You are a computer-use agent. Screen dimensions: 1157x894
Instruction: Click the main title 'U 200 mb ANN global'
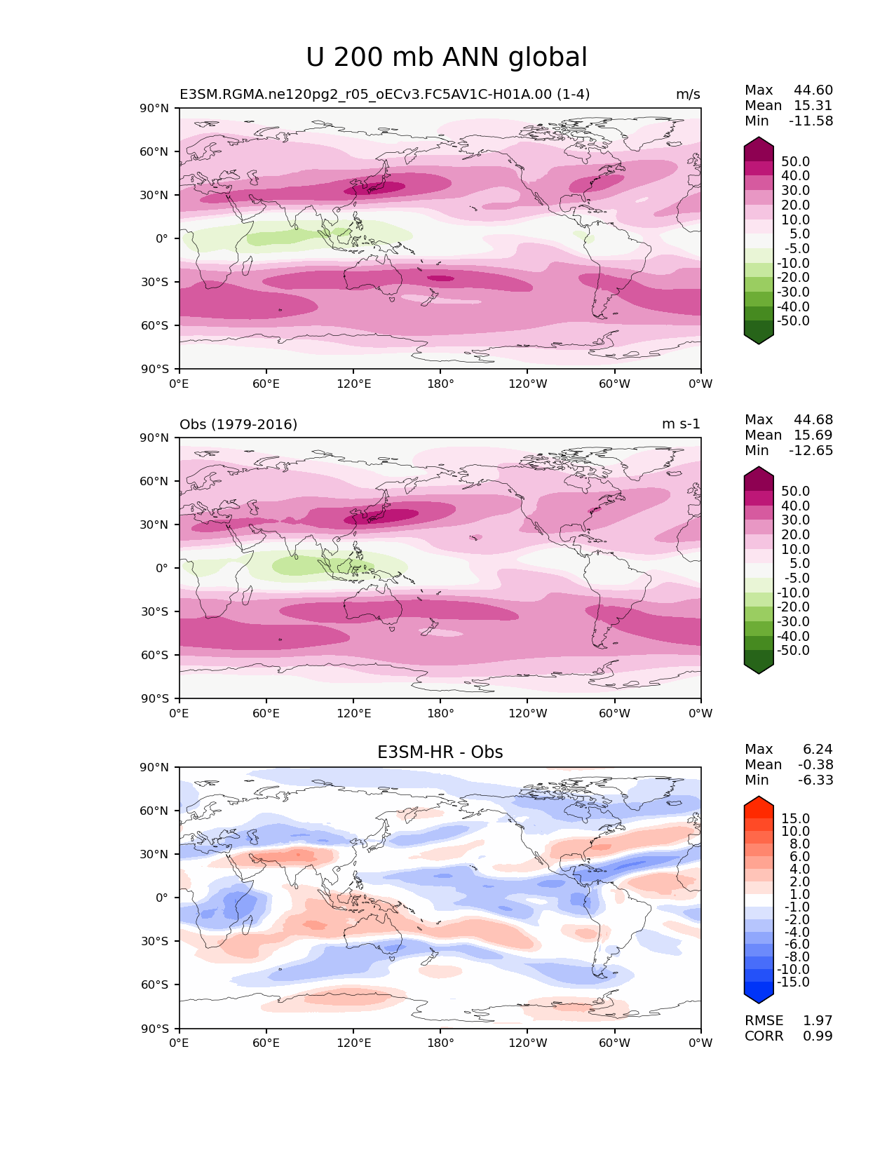[447, 57]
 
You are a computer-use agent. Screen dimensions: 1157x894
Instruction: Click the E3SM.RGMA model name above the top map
[384, 94]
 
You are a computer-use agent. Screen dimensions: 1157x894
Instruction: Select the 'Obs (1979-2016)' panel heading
[238, 424]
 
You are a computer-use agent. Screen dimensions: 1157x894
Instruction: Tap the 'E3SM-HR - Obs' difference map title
[440, 752]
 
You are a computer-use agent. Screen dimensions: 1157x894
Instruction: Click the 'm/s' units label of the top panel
[687, 94]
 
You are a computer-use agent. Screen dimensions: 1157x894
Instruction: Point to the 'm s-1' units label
[681, 424]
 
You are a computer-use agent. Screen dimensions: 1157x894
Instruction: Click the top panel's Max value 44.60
[813, 90]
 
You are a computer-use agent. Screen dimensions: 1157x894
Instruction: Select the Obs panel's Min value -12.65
[811, 450]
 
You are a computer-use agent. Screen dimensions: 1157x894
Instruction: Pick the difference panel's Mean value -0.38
[815, 764]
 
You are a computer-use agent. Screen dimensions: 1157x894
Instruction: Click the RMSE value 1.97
[818, 1020]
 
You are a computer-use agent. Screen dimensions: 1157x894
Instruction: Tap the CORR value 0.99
[818, 1036]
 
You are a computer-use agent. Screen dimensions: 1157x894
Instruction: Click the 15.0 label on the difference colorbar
[796, 818]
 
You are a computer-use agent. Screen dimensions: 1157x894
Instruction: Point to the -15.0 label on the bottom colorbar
[793, 982]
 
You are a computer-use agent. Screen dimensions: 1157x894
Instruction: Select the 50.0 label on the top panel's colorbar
[796, 161]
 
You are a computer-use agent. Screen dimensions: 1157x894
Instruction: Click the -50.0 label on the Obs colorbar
[793, 650]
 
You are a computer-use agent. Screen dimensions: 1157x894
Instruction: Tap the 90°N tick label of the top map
[155, 108]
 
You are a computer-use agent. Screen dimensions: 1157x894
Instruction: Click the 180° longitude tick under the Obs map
[440, 713]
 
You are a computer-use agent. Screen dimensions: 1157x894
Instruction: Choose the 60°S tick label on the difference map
[155, 985]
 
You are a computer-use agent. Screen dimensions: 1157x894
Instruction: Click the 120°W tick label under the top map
[528, 384]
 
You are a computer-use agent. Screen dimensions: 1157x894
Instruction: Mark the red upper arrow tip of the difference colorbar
[759, 800]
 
